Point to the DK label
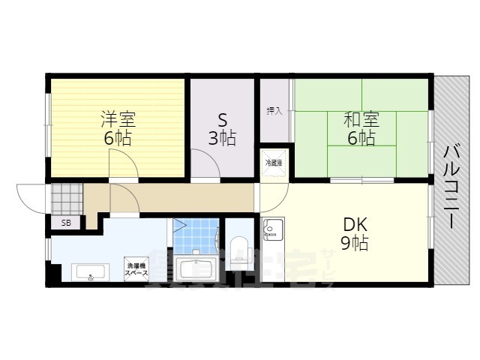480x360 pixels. coord(355,224)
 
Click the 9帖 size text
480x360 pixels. coord(355,243)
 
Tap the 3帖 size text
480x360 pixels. coord(222,139)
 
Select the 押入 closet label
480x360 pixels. coord(274,111)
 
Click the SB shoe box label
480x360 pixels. coord(66,223)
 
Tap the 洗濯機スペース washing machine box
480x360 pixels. coord(136,269)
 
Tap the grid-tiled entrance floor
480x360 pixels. coord(66,199)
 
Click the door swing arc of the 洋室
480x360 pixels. coord(122,163)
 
